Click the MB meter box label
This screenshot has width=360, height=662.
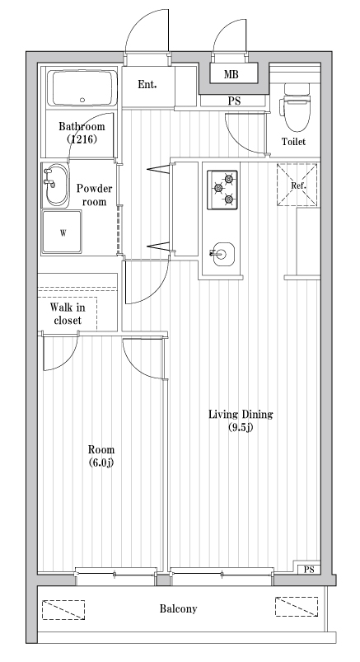click(x=232, y=75)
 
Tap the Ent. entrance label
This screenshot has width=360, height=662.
click(x=147, y=84)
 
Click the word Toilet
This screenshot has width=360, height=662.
click(x=293, y=142)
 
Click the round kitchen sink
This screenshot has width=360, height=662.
click(x=221, y=254)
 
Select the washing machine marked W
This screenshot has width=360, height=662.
click(x=63, y=232)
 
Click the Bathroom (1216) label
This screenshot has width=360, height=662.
click(x=81, y=134)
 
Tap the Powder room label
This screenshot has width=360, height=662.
click(x=93, y=195)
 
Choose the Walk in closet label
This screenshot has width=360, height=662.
click(x=68, y=313)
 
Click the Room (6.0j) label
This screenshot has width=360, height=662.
click(x=101, y=456)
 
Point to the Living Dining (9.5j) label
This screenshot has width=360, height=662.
click(x=240, y=420)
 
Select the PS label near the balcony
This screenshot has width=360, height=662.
click(x=309, y=570)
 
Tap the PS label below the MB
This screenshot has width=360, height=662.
click(x=234, y=101)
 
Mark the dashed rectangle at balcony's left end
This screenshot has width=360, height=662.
click(x=64, y=608)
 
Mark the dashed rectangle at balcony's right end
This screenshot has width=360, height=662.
click(x=296, y=608)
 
